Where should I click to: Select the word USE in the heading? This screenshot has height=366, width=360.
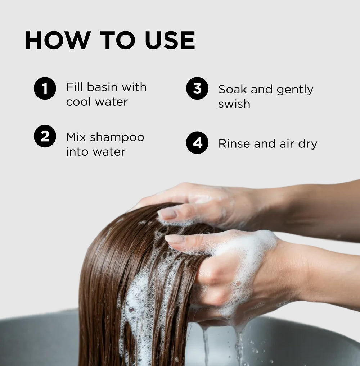(170, 40)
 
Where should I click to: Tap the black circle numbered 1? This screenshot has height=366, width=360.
(45, 88)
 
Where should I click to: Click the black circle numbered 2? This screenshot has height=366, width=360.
(45, 136)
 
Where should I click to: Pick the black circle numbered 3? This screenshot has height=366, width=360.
(197, 88)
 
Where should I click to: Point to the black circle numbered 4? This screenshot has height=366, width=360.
(197, 143)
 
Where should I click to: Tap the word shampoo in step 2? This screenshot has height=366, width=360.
(117, 138)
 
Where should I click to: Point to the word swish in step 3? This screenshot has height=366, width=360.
(234, 104)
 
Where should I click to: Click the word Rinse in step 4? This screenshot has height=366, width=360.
(234, 143)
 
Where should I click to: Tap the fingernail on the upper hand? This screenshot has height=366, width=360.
(167, 214)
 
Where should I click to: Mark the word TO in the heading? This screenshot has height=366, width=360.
(118, 40)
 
